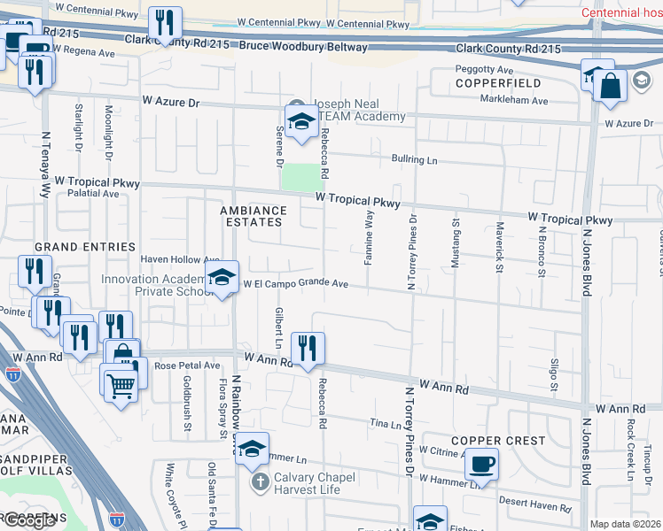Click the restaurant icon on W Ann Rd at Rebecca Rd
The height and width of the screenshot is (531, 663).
click(308, 346)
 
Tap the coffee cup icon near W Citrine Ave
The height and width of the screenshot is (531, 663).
click(481, 463)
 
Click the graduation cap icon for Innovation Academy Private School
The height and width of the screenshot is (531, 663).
click(222, 277)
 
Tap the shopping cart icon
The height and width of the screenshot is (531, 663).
click(120, 383)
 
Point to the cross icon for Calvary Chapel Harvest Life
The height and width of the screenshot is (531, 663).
click(260, 482)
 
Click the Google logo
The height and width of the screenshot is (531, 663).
click(28, 520)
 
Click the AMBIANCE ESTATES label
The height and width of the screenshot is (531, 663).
click(253, 216)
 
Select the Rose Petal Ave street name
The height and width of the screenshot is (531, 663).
click(187, 365)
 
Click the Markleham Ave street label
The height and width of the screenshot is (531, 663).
click(514, 101)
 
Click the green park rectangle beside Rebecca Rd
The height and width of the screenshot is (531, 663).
click(299, 177)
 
